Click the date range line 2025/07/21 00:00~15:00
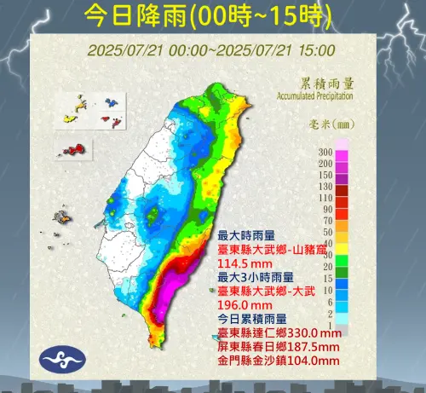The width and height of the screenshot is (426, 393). click(x=210, y=50)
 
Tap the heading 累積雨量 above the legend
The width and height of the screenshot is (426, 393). click(x=327, y=84)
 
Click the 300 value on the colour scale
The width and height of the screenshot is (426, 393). click(x=324, y=152)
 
